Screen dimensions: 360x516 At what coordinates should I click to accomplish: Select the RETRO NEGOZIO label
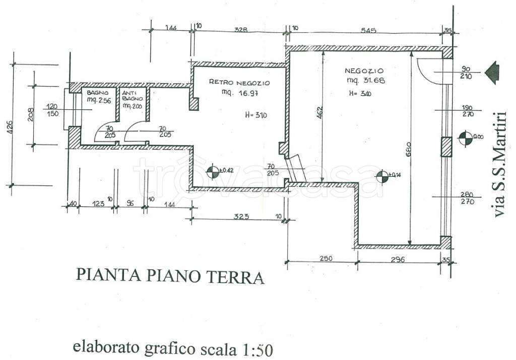239,83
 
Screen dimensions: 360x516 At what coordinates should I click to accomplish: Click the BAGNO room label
96,93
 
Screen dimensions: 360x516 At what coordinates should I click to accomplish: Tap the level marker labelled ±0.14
382,176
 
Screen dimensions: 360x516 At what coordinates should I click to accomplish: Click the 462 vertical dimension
319,112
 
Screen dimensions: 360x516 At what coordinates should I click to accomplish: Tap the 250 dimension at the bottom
326,259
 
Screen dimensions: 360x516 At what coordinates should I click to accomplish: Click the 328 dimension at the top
241,30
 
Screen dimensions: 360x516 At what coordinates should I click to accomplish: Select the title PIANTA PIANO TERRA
170,276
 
